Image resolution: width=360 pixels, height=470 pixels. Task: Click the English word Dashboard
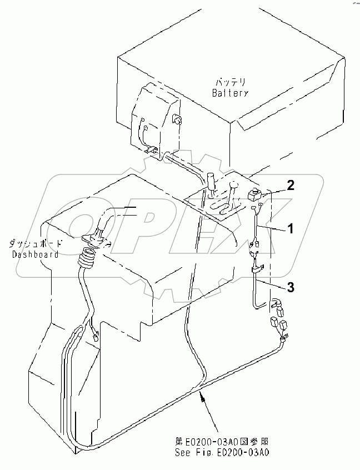click(x=35, y=254)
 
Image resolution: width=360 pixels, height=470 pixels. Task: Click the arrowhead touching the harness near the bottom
click(x=201, y=396)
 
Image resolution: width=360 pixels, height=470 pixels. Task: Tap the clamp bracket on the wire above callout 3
click(x=257, y=270)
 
